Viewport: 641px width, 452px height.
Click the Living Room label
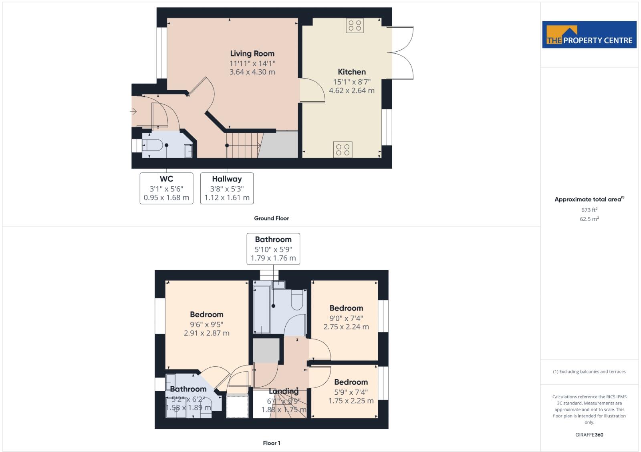click(252, 53)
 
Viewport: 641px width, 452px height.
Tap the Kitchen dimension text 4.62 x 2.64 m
click(352, 91)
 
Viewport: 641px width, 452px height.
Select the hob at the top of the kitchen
click(355, 26)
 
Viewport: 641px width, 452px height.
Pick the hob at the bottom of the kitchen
click(343, 150)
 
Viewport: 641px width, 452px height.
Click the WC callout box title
click(166, 179)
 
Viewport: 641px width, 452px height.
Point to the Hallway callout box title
click(227, 179)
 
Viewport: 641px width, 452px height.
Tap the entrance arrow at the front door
click(133, 111)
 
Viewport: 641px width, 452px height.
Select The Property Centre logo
click(589, 35)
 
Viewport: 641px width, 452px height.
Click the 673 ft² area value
click(589, 210)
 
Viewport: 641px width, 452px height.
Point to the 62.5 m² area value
click(589, 219)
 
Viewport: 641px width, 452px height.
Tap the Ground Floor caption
click(271, 218)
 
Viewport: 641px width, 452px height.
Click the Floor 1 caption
click(271, 443)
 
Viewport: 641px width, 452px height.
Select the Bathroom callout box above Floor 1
click(273, 248)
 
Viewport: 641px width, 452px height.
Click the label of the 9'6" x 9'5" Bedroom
click(206, 315)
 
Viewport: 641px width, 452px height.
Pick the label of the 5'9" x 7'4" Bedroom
click(351, 382)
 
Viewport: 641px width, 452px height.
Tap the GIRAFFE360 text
click(589, 435)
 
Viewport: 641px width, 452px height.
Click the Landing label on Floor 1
click(283, 391)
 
